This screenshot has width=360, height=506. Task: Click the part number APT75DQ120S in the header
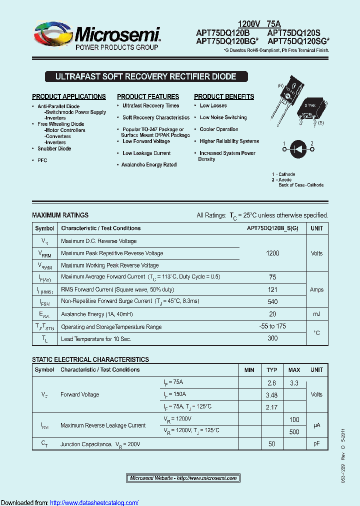coord(294,33)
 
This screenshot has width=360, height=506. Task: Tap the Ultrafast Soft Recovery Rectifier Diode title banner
coord(145,77)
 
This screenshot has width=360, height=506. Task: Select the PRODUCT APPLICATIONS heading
coord(69,96)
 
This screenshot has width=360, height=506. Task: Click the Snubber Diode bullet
coord(54,148)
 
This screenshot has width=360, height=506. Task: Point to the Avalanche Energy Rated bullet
coord(149,164)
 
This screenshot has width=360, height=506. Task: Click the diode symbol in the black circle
coord(298,148)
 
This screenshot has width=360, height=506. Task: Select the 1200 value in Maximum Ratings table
coord(272,253)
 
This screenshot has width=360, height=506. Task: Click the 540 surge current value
coord(272,301)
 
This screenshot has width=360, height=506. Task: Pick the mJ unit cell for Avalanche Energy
coord(316,314)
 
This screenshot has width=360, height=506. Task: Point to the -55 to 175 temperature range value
coord(272,326)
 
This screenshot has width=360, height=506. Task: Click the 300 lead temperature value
coord(272,339)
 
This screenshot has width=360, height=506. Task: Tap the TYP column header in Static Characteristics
coord(271,370)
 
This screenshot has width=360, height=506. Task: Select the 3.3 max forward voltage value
coord(294,382)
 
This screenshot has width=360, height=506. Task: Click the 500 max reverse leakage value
coord(294,431)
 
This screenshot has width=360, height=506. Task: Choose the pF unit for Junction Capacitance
coord(316,443)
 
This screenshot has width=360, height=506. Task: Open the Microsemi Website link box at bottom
coord(183,478)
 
